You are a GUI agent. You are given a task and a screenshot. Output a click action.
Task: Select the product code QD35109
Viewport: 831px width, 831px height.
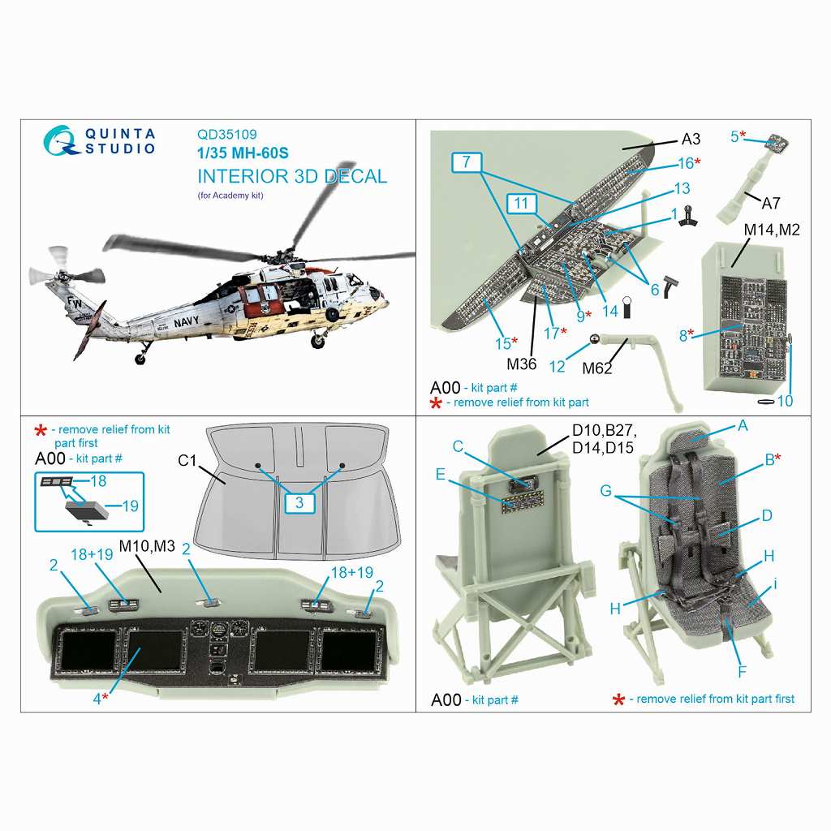(227, 135)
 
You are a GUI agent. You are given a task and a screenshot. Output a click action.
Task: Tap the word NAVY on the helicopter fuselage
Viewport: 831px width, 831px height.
(186, 321)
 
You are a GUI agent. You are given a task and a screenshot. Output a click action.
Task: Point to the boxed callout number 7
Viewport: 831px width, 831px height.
(467, 161)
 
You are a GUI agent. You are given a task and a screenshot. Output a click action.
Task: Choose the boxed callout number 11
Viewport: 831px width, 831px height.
(522, 203)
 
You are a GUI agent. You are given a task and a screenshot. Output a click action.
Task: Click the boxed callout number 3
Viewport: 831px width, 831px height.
(299, 502)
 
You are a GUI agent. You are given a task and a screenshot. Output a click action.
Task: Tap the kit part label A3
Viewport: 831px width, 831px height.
(691, 139)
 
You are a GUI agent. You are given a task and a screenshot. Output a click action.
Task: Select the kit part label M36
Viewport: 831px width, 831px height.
(522, 364)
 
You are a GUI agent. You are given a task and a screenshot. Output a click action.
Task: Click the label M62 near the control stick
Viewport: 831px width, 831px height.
(596, 368)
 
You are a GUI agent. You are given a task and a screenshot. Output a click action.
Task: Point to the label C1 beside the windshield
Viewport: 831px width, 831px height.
(187, 461)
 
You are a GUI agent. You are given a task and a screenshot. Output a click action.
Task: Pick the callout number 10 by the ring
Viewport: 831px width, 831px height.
(785, 401)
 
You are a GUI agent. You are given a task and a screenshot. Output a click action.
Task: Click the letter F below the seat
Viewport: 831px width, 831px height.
(742, 672)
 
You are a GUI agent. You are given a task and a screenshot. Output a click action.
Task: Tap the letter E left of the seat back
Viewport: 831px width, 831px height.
(441, 474)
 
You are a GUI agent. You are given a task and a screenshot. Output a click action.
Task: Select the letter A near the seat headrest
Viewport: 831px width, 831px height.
(743, 425)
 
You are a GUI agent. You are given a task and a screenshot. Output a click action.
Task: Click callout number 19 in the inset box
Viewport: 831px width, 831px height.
(131, 506)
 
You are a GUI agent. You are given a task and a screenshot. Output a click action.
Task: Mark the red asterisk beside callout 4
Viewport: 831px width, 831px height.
(105, 695)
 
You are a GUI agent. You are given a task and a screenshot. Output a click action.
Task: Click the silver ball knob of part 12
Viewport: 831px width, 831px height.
(595, 338)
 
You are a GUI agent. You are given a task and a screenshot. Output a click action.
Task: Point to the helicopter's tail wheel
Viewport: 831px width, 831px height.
(140, 360)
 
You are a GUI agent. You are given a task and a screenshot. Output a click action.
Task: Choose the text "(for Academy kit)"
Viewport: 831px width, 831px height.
(230, 195)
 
